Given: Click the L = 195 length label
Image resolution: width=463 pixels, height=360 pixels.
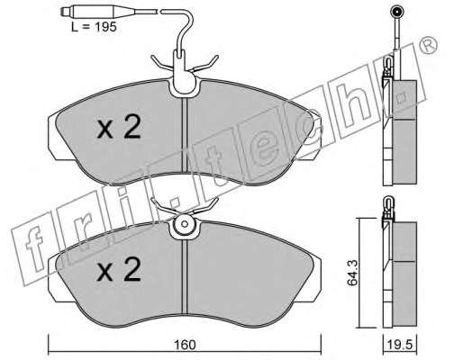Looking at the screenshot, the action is pos(94,27).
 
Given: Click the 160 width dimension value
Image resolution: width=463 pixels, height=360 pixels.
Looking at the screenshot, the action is pos(185,345).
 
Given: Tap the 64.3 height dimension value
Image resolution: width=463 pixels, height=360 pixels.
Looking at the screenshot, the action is pos(352,273).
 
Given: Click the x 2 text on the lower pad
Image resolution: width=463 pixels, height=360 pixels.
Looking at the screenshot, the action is pos(119,269).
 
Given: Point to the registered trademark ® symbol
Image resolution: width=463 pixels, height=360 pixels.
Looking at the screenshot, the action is pos(429,46).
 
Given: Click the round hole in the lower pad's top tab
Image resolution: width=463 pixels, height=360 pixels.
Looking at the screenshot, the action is pos(185,224).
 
